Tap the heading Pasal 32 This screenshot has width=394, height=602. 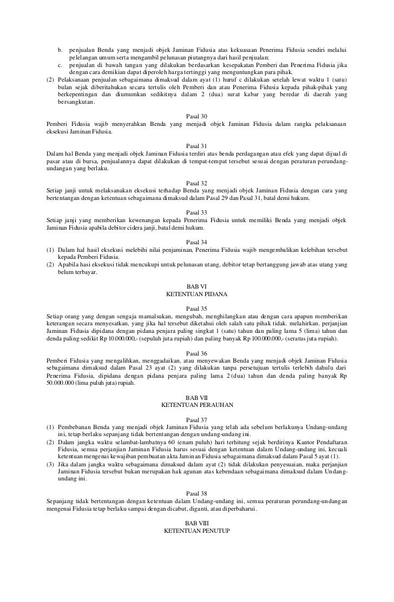(x=196, y=183)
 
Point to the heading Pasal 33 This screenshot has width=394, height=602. (x=196, y=212)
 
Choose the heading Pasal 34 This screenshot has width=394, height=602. (x=196, y=242)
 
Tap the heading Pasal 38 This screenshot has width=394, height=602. (x=196, y=493)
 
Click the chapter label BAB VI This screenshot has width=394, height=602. (x=196, y=286)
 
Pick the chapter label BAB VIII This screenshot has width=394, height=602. (x=196, y=523)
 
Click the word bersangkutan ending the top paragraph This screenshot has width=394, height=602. (x=75, y=103)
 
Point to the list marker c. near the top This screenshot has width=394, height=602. (x=61, y=66)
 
